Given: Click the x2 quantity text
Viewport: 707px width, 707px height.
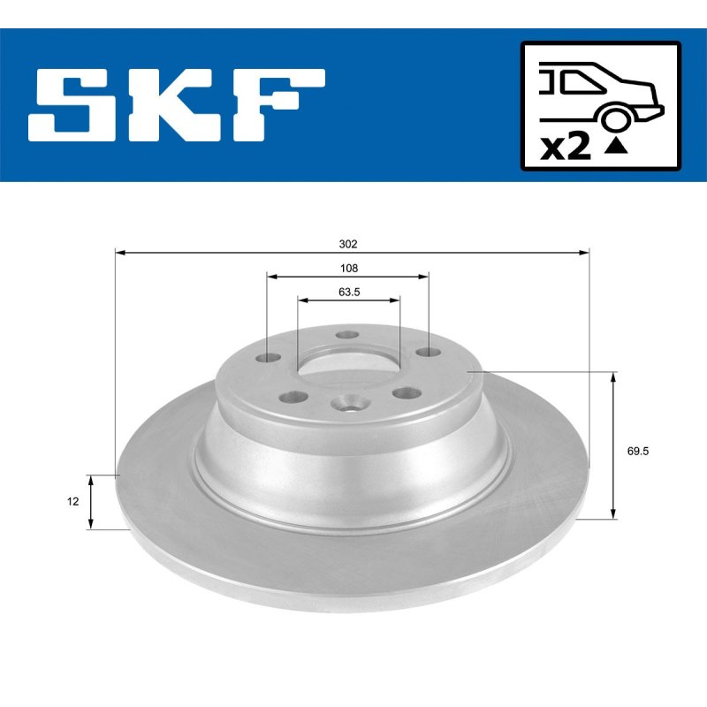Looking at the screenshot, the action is pos(565,148).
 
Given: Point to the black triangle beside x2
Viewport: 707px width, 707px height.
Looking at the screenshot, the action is pos(616,146).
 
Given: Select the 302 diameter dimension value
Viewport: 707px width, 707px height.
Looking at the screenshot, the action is pos(348,244).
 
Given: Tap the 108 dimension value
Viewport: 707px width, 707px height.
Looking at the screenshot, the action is pos(348,269).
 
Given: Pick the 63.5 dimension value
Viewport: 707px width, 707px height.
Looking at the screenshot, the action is pos(349,293).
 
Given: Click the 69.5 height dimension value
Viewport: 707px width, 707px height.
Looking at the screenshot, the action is pos(637,451).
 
